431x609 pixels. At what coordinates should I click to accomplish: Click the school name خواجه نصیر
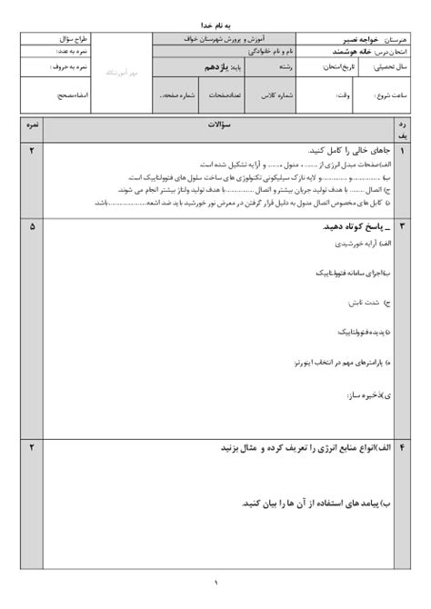point(341,41)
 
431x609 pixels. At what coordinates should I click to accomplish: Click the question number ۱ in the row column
point(403,150)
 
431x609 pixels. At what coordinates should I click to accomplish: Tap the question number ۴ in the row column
point(403,448)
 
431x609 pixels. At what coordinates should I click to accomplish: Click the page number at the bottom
point(216,583)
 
